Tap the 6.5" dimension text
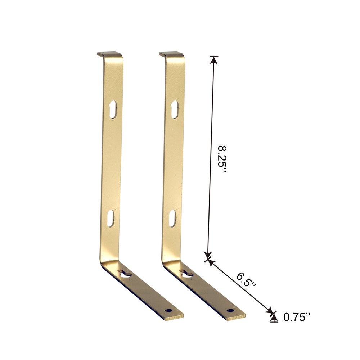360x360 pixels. click(x=246, y=280)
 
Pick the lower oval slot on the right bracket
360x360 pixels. click(x=172, y=218)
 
